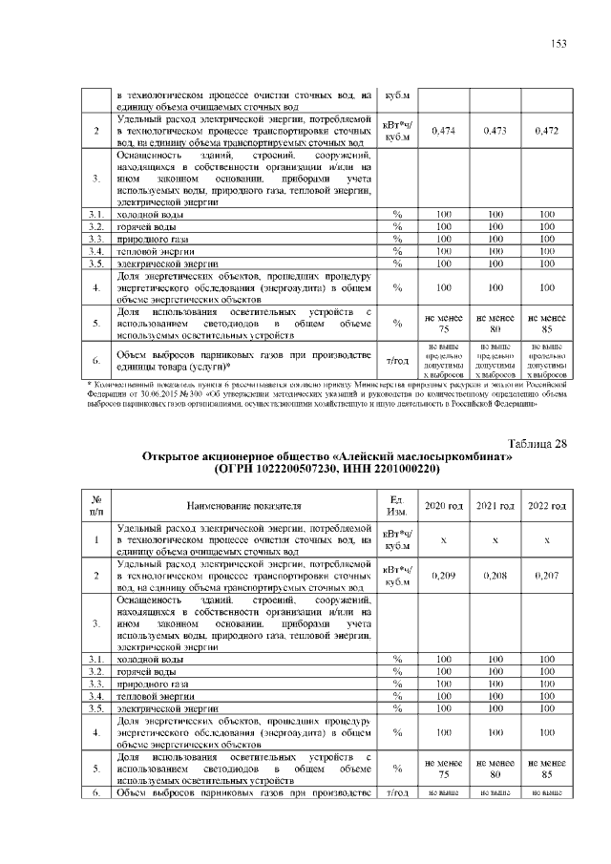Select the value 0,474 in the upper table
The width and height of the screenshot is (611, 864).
[443, 131]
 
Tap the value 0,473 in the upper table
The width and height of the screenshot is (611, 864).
[495, 131]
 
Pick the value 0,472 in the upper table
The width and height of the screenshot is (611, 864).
[547, 131]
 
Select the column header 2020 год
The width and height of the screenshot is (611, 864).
[443, 505]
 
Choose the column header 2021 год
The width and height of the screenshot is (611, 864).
[495, 505]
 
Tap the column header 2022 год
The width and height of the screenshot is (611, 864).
[547, 505]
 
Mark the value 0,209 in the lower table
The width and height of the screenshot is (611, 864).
[443, 576]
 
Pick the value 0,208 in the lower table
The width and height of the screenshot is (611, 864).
[495, 576]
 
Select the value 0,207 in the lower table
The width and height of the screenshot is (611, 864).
[547, 576]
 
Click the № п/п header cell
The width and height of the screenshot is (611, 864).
[95, 505]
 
